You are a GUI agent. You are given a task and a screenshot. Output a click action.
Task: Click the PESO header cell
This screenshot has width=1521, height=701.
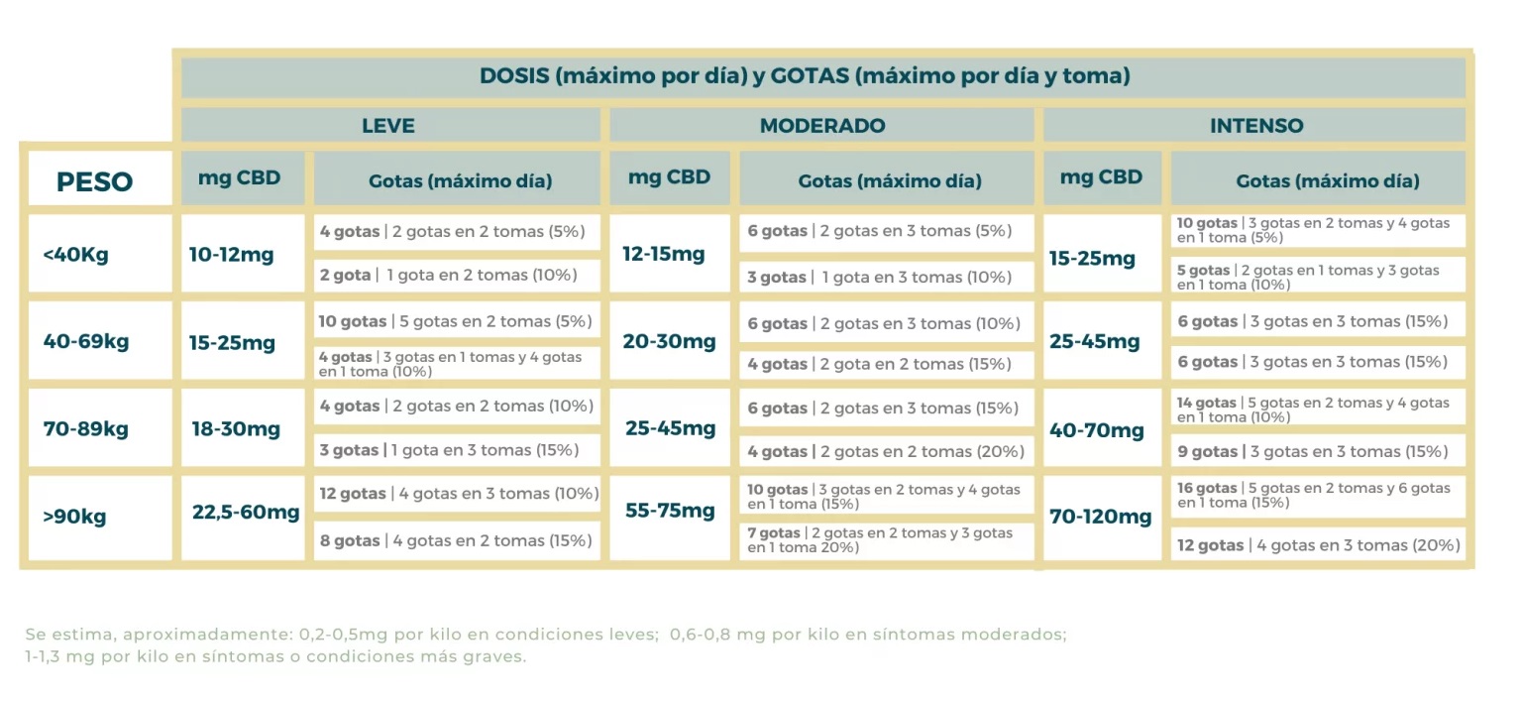click(95, 181)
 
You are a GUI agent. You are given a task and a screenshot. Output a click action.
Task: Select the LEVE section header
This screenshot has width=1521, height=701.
click(388, 126)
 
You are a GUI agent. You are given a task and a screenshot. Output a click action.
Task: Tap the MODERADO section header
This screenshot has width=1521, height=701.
click(822, 126)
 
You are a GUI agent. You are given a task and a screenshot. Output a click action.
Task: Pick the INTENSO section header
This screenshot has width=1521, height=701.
click(1256, 126)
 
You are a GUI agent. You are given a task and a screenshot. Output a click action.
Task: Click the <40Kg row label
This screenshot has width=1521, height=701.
click(76, 254)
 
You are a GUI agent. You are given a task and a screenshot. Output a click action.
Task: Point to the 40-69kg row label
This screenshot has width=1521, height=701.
click(86, 341)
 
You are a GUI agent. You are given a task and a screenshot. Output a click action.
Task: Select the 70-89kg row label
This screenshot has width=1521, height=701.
click(86, 429)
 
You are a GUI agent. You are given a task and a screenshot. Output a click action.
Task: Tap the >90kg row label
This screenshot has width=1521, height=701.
click(75, 517)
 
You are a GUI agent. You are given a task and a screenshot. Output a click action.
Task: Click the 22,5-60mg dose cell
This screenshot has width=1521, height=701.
click(245, 513)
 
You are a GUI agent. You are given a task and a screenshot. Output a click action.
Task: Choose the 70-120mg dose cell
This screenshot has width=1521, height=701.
click(1101, 517)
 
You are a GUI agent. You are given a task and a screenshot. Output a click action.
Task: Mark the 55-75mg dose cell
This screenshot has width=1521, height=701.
click(670, 512)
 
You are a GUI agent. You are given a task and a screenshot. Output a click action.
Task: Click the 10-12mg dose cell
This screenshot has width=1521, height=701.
click(231, 254)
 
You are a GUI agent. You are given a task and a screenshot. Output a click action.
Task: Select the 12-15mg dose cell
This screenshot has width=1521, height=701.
click(664, 254)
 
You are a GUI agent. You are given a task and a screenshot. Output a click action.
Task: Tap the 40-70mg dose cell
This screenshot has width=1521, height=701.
click(1097, 430)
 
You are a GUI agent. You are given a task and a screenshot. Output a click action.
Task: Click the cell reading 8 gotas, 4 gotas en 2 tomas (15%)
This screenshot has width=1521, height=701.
click(457, 540)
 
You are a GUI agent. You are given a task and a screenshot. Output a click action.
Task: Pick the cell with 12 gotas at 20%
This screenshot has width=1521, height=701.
click(1318, 544)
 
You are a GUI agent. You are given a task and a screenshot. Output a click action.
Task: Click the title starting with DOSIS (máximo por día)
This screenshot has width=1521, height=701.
click(805, 76)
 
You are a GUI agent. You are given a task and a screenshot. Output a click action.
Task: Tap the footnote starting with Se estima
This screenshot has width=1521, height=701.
click(546, 645)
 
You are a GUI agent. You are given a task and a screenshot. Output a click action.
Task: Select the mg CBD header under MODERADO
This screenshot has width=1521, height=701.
click(670, 177)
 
